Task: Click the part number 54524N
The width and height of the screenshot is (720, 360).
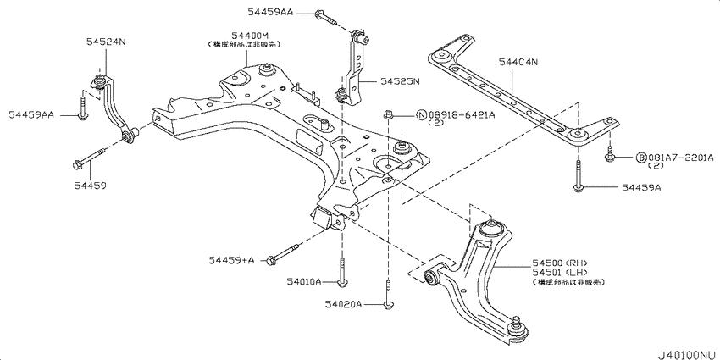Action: point(105,41)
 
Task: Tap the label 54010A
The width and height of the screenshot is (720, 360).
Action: point(303,280)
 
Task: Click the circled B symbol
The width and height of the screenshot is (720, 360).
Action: point(641,158)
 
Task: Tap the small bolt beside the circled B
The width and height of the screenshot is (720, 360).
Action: point(609,156)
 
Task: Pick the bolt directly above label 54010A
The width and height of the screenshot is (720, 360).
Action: point(341,273)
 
